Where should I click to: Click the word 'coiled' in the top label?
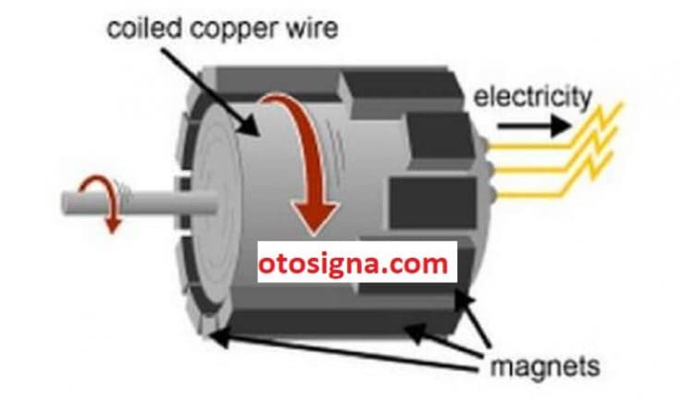144,29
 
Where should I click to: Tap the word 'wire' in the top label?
312,29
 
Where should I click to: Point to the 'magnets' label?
545,367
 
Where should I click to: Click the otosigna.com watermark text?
353,263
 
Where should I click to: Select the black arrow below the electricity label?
534,127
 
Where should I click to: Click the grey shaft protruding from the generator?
139,203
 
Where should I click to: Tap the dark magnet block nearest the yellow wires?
439,138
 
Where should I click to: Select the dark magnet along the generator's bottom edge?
343,321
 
